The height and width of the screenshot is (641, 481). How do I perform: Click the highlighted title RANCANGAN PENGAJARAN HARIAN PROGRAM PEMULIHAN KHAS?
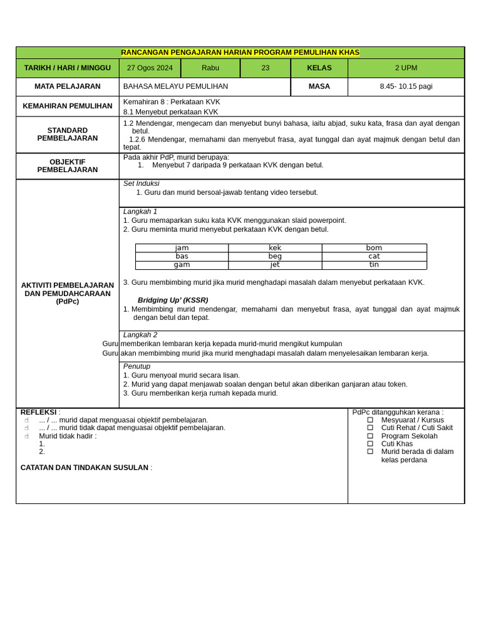point(240,53)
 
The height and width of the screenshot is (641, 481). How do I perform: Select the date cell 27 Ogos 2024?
point(150,68)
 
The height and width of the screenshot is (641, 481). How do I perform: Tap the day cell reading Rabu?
point(210,68)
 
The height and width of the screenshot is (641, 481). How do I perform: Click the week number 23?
point(266,68)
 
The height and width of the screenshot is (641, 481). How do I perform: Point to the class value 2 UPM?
point(406,68)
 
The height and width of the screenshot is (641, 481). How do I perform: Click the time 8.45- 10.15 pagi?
point(406,86)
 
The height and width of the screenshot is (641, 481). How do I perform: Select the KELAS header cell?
point(319,68)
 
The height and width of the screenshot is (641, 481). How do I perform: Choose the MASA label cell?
point(319,86)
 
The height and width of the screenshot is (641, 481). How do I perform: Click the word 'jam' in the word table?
point(182,248)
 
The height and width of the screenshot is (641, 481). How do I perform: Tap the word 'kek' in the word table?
point(275,248)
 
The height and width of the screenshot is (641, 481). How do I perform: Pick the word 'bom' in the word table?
point(374,248)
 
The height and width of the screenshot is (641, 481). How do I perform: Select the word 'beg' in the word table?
point(275,256)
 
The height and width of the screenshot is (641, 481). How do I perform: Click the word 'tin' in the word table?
point(374,265)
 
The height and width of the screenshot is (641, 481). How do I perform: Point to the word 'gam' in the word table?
point(182,265)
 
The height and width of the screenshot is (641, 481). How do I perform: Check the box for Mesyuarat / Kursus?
point(370,420)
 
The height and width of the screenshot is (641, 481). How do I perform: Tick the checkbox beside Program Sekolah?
point(370,436)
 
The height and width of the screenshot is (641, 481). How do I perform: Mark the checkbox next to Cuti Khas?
point(370,444)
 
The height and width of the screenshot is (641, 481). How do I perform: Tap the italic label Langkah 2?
point(140,335)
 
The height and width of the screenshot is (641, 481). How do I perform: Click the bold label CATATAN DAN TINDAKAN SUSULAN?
point(85,468)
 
